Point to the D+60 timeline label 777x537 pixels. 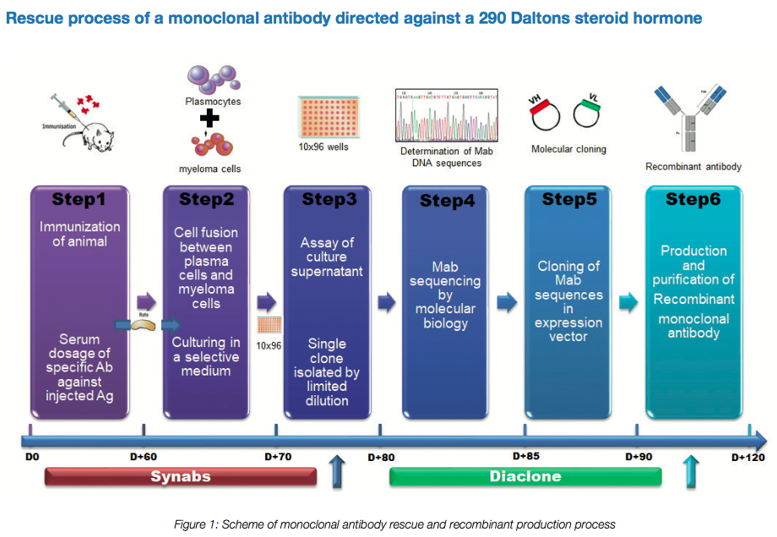pyautogui.click(x=144, y=457)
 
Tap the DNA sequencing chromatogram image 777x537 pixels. pyautogui.click(x=447, y=115)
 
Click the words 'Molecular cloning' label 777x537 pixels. pyautogui.click(x=568, y=149)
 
